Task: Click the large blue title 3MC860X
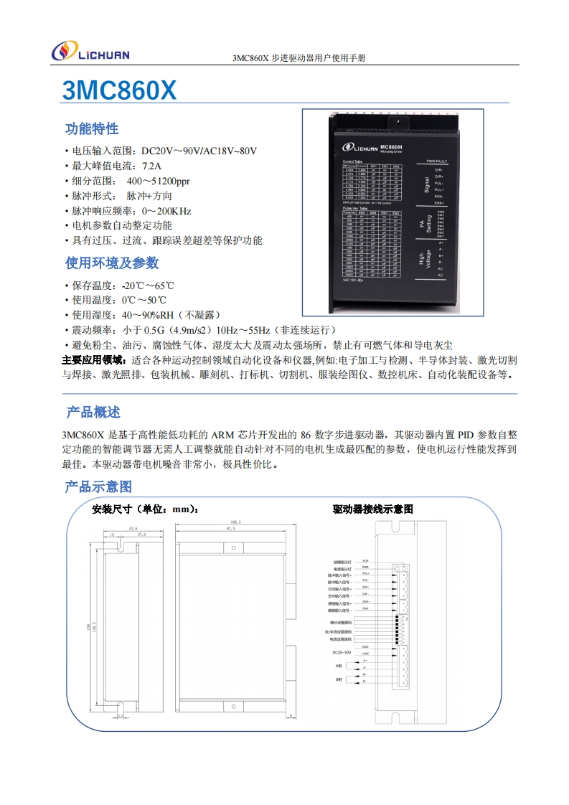point(120,90)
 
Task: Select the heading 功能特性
point(92,129)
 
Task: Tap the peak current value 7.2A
point(151,166)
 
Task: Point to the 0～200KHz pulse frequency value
point(166,211)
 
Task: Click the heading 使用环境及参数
point(112,263)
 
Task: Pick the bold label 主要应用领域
point(93,359)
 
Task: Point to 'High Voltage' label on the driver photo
point(424,259)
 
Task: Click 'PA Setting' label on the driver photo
point(424,223)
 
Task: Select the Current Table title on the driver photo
point(353,161)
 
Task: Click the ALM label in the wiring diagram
point(365,560)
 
